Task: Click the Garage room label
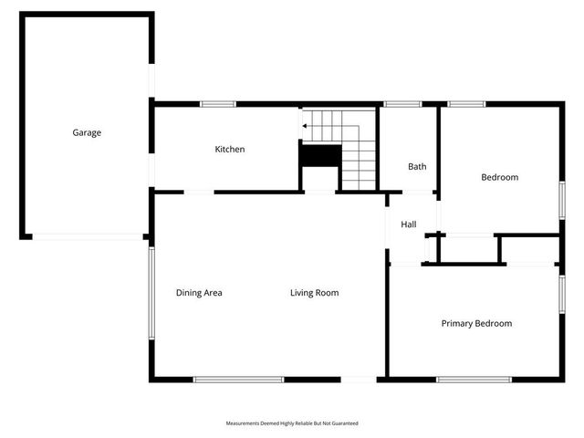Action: pyautogui.click(x=87, y=132)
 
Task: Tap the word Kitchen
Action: pyautogui.click(x=229, y=149)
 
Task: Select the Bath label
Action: pyautogui.click(x=417, y=166)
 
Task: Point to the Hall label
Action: pyautogui.click(x=408, y=224)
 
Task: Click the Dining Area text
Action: pyautogui.click(x=199, y=293)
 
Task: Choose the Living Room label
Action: pyautogui.click(x=315, y=293)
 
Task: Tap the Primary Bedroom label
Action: pyautogui.click(x=476, y=323)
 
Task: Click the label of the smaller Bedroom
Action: pyautogui.click(x=499, y=177)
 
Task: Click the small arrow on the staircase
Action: pyautogui.click(x=305, y=127)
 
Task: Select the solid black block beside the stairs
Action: pyautogui.click(x=319, y=156)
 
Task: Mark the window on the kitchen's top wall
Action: pyautogui.click(x=219, y=104)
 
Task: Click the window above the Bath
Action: pyautogui.click(x=401, y=104)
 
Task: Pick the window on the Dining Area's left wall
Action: pyautogui.click(x=152, y=292)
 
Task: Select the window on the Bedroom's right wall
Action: pyautogui.click(x=562, y=199)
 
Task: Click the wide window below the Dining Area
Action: pyautogui.click(x=238, y=380)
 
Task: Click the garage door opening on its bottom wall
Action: pyautogui.click(x=88, y=236)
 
